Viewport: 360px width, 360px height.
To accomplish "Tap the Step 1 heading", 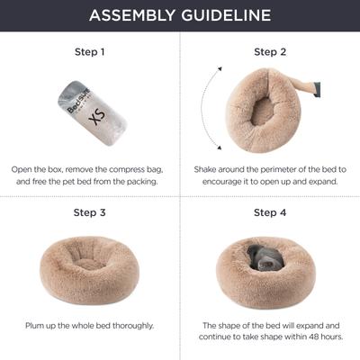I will (x=89, y=52).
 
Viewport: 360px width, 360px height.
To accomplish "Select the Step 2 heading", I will (x=270, y=52).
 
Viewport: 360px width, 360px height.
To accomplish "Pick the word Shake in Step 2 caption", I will (x=209, y=168).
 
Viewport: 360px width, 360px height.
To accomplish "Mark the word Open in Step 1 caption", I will (x=24, y=168).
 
